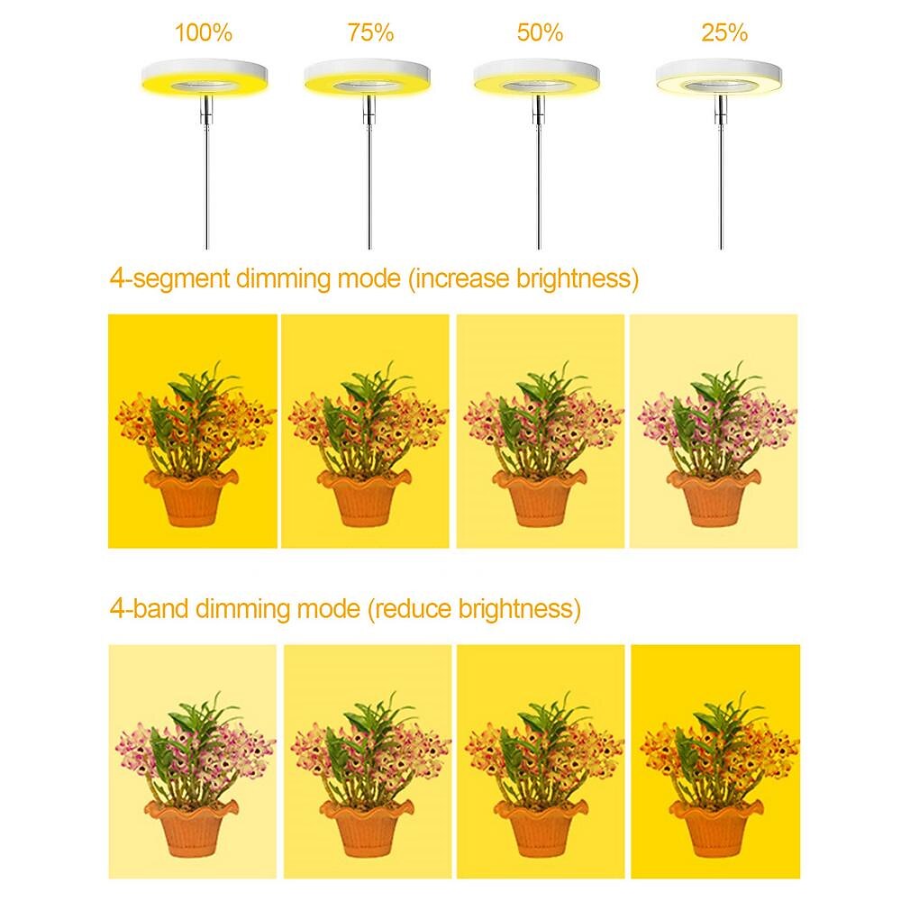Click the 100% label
click(204, 32)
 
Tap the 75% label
click(370, 32)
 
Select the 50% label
click(540, 32)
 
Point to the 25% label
click(724, 32)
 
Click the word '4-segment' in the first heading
click(170, 278)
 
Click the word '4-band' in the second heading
click(150, 608)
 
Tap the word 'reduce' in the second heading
click(414, 608)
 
